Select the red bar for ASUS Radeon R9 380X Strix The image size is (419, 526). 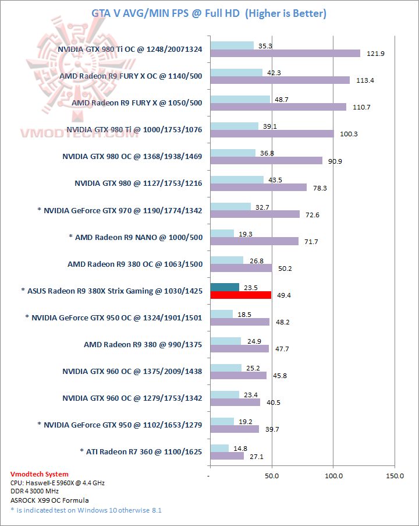coord(241,295)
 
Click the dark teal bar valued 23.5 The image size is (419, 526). coord(225,287)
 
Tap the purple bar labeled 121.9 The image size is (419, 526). coord(285,54)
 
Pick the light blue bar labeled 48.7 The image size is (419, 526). coord(240,99)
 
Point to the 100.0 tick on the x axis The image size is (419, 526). coord(333,476)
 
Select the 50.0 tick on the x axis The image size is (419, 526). coord(272,476)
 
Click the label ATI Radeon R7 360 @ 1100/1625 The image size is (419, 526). coord(141,451)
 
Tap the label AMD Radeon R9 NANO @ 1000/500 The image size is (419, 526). coord(136,237)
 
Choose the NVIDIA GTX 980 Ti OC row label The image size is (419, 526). coord(130,50)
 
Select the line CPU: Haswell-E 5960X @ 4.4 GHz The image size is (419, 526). coord(58,483)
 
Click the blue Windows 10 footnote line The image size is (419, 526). coord(86,510)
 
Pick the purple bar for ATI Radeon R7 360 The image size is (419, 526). coord(227,456)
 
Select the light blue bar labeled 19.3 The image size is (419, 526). coord(222,233)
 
